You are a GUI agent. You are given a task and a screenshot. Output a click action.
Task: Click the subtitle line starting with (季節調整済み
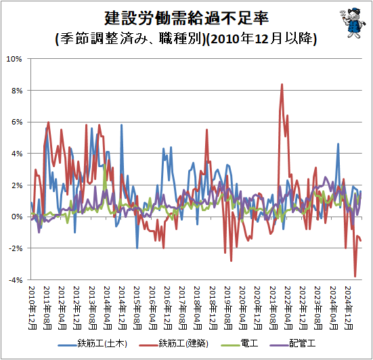coord(185,39)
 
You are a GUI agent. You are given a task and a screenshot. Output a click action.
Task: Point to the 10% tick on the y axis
coord(15,59)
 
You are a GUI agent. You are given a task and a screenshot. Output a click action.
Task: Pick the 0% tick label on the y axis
coord(17,217)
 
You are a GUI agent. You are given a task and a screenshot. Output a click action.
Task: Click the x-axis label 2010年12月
coord(31,306)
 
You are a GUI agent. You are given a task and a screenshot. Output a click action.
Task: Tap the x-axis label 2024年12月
coord(349,306)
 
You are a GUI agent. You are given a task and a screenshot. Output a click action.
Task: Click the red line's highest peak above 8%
coord(282,85)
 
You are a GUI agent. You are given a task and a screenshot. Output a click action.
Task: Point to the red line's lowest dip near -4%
coord(355,276)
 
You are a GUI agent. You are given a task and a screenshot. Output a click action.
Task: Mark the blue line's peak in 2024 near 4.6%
coord(338,144)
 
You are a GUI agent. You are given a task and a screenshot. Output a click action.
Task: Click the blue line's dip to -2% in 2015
coord(137,248)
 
